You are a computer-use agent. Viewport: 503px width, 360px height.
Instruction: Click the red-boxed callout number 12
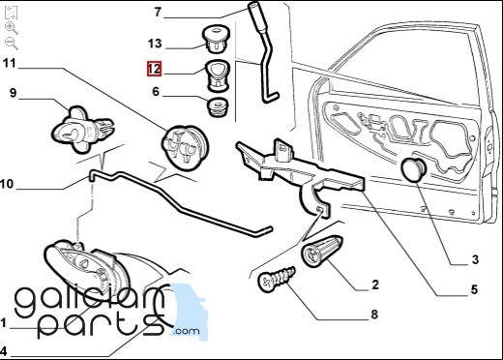(154, 69)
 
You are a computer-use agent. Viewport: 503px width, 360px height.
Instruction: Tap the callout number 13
(155, 44)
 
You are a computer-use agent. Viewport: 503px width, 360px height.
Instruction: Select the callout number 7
(158, 12)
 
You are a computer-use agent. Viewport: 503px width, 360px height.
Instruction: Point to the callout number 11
(9, 63)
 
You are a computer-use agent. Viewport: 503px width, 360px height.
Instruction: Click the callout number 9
(13, 93)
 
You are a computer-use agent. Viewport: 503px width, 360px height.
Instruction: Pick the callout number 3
(475, 259)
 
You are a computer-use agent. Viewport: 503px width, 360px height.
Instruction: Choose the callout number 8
(374, 314)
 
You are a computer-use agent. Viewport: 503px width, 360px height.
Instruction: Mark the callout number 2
(375, 285)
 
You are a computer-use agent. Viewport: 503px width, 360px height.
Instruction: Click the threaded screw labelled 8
(277, 279)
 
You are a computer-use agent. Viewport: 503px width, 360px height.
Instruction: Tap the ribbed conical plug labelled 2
(321, 251)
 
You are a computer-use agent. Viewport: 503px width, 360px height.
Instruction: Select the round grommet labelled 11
(185, 148)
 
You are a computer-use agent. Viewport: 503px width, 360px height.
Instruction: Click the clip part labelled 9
(82, 130)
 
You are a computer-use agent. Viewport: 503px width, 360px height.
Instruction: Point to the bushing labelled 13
(216, 39)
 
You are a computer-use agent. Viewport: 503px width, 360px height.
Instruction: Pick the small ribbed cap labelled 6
(218, 107)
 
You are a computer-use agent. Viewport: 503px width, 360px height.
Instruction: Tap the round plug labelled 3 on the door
(413, 169)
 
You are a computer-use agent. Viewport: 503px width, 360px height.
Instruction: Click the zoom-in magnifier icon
(12, 28)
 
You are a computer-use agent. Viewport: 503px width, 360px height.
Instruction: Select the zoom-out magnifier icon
(12, 44)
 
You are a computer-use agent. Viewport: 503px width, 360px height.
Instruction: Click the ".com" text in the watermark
(187, 331)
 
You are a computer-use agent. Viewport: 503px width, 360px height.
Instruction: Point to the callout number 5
(474, 289)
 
